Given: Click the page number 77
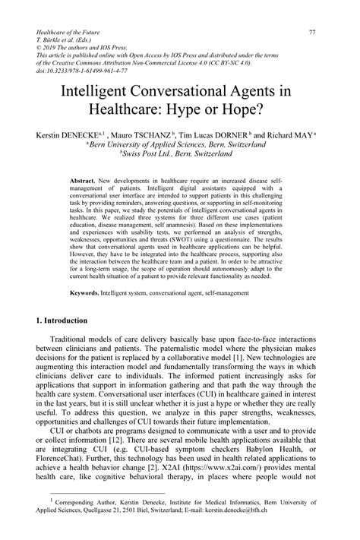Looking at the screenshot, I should [x=311, y=32].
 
